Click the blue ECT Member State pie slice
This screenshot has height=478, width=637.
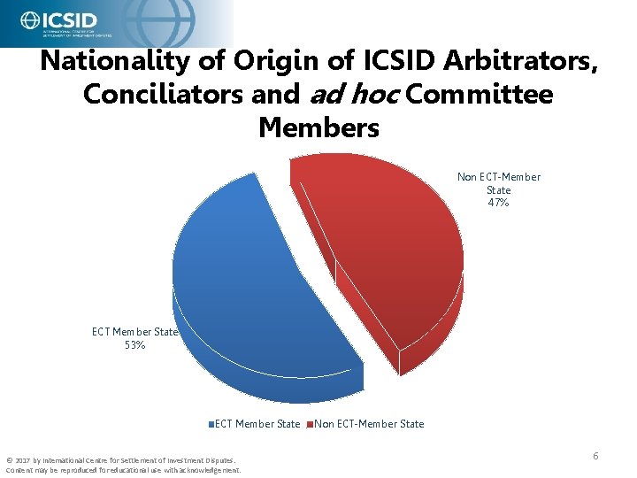tap(257, 283)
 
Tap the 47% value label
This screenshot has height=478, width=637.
tap(498, 203)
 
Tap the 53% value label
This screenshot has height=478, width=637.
tap(134, 345)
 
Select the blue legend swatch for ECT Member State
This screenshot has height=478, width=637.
tap(212, 424)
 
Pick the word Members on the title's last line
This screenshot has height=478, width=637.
tap(318, 127)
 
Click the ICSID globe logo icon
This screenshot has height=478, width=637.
tap(29, 20)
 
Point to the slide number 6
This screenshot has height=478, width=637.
tap(595, 456)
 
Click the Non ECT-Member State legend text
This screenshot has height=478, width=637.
tap(369, 424)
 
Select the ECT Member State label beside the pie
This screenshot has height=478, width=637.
tap(134, 332)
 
